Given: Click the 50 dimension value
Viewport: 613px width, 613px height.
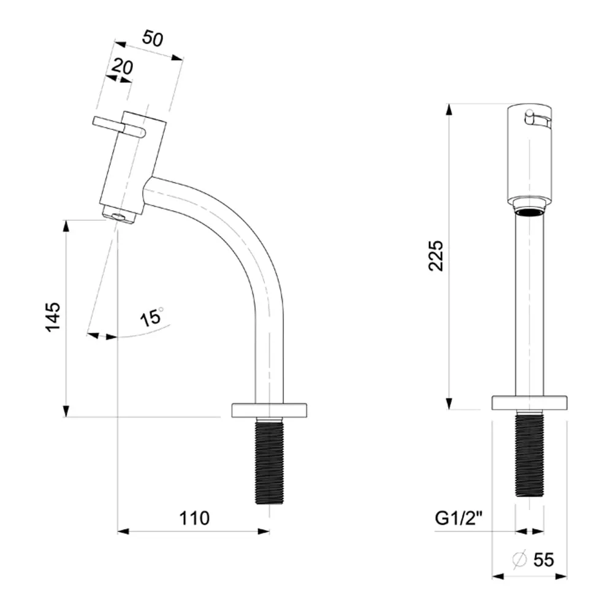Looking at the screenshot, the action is (153, 38).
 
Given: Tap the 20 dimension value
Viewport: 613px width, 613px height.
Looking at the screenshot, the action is (122, 67).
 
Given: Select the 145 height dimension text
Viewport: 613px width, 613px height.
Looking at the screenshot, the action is (53, 317).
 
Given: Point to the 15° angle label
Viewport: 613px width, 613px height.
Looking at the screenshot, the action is (152, 317).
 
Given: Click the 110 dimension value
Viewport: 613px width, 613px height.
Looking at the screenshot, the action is (194, 519).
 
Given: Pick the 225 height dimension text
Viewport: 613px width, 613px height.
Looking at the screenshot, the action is (436, 256).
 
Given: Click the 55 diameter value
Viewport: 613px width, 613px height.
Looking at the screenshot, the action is (544, 560).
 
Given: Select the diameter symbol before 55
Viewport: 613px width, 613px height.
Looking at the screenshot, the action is (520, 560).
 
